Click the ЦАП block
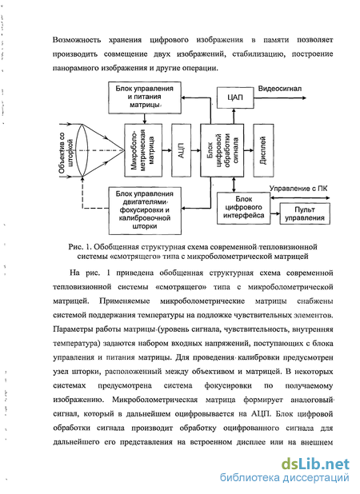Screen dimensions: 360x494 (x=235, y=98)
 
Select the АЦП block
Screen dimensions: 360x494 (x=182, y=150)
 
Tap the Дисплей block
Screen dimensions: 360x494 (x=263, y=150)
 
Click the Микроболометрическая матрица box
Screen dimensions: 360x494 (x=143, y=150)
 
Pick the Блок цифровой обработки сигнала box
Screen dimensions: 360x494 (x=222, y=150)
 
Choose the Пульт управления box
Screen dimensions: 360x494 (x=305, y=213)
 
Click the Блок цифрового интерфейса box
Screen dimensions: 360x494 (x=243, y=209)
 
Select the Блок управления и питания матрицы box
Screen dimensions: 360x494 (x=145, y=98)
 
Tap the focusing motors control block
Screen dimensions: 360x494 (x=145, y=211)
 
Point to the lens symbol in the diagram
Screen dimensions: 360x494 (x=82, y=150)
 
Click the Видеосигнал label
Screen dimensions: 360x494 (x=280, y=89)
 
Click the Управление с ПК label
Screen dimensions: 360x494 (x=298, y=189)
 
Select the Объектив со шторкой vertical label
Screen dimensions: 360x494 (x=66, y=153)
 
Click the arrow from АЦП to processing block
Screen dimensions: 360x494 (x=196, y=150)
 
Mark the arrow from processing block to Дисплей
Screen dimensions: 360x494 (x=249, y=150)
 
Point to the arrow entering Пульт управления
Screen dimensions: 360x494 (x=275, y=213)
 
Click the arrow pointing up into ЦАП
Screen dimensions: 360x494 (x=234, y=116)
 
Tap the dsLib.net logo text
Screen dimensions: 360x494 (x=315, y=464)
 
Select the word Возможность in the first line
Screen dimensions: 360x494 (x=77, y=40)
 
